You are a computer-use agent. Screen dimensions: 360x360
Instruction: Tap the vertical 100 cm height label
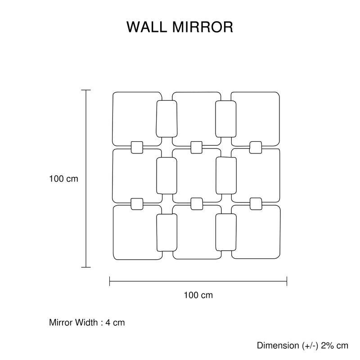tap(63, 179)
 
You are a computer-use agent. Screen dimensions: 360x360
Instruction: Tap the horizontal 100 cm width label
tap(198, 296)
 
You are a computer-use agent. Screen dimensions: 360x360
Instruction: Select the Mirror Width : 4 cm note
tap(87, 323)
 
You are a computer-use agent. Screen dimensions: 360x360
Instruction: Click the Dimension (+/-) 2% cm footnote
tap(303, 346)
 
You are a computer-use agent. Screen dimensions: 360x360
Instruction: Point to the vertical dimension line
tap(85, 179)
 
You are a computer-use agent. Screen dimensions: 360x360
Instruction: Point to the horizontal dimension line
tap(198, 282)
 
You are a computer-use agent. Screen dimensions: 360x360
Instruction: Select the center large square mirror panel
tap(196, 175)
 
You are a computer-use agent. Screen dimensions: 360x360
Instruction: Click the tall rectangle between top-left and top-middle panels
tap(166, 119)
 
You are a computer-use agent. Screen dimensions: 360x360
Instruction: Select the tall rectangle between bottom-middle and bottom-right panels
tap(226, 232)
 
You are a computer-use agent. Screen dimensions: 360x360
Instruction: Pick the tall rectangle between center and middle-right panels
tap(225, 175)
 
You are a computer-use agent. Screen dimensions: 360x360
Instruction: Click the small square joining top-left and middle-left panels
tap(137, 147)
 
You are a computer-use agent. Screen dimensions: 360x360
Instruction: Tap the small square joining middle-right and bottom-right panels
tap(256, 204)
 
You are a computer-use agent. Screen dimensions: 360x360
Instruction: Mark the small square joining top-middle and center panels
tap(196, 147)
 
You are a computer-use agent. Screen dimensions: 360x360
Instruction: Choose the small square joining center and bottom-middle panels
tap(196, 204)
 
